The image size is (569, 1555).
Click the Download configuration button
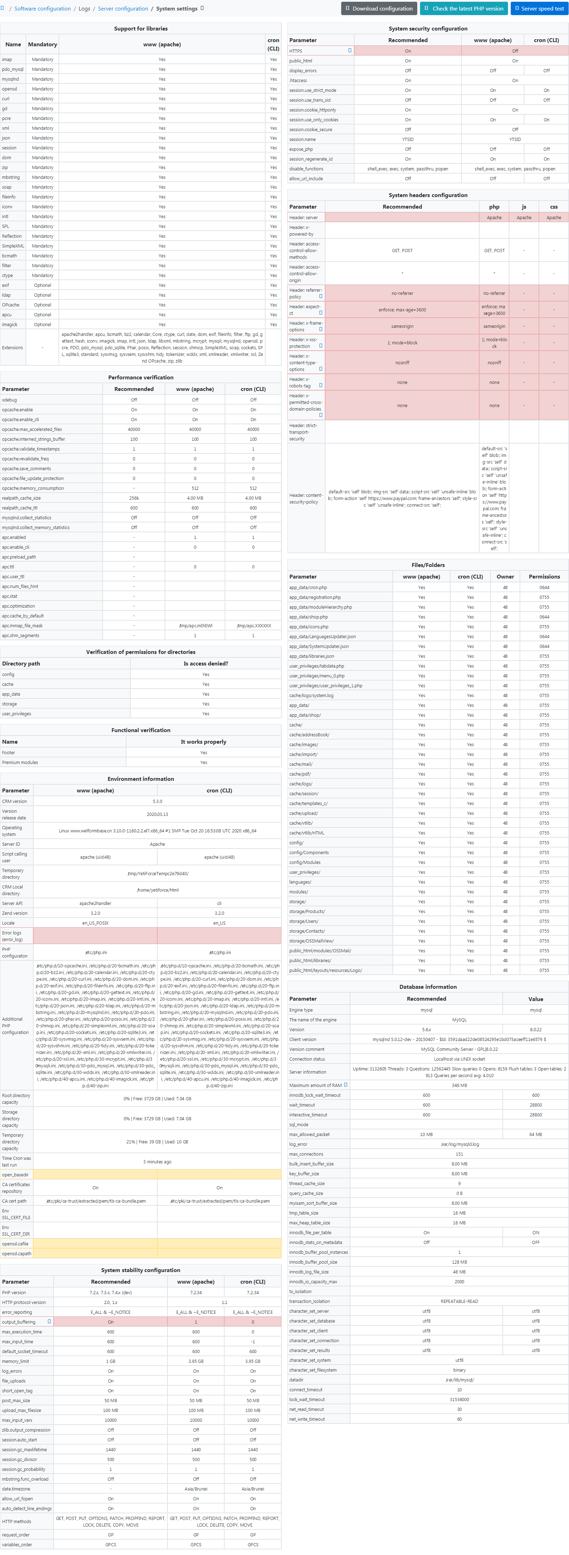coord(379,8)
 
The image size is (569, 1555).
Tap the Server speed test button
coord(539,8)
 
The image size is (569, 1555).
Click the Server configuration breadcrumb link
coord(123,8)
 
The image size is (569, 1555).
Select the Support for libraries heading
coord(140,28)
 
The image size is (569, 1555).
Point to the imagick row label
coord(10,324)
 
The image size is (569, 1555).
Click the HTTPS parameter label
coord(296,51)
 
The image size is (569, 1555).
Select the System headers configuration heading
coord(428,195)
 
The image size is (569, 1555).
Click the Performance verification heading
coord(140,377)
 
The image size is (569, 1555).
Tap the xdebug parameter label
coord(10,400)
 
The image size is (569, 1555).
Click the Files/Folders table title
coord(428,565)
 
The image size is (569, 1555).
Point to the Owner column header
coord(505,576)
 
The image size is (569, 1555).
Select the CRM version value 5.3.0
coord(157,802)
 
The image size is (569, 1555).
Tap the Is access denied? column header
coord(206,663)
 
